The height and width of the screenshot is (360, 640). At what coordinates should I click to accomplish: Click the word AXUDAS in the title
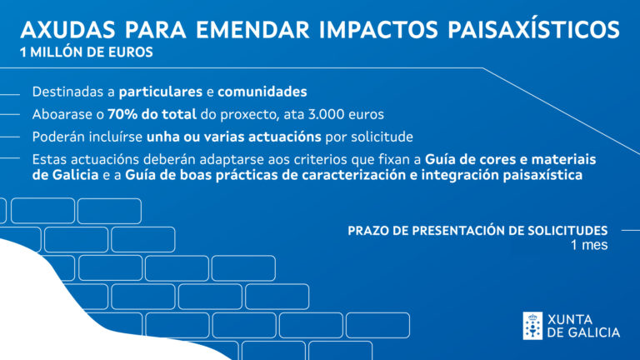[x=68, y=29]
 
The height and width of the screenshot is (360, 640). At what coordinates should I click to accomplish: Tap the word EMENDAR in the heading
[x=252, y=29]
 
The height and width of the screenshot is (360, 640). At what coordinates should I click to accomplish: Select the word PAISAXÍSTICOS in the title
[x=534, y=29]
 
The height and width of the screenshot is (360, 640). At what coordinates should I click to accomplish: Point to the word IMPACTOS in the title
[x=379, y=29]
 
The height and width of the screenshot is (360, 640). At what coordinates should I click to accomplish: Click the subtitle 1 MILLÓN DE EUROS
[x=87, y=52]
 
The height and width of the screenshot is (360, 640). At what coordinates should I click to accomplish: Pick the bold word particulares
[x=160, y=92]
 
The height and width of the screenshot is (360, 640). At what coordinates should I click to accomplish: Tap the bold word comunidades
[x=262, y=92]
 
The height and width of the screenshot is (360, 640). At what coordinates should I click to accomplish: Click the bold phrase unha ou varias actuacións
[x=234, y=137]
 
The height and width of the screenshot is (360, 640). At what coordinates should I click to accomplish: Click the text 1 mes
[x=589, y=245]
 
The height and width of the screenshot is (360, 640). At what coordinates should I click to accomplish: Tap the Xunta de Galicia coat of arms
[x=532, y=326]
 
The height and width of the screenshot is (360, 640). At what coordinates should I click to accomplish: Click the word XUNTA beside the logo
[x=570, y=319]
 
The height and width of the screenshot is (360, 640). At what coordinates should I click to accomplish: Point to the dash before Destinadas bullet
[x=10, y=95]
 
